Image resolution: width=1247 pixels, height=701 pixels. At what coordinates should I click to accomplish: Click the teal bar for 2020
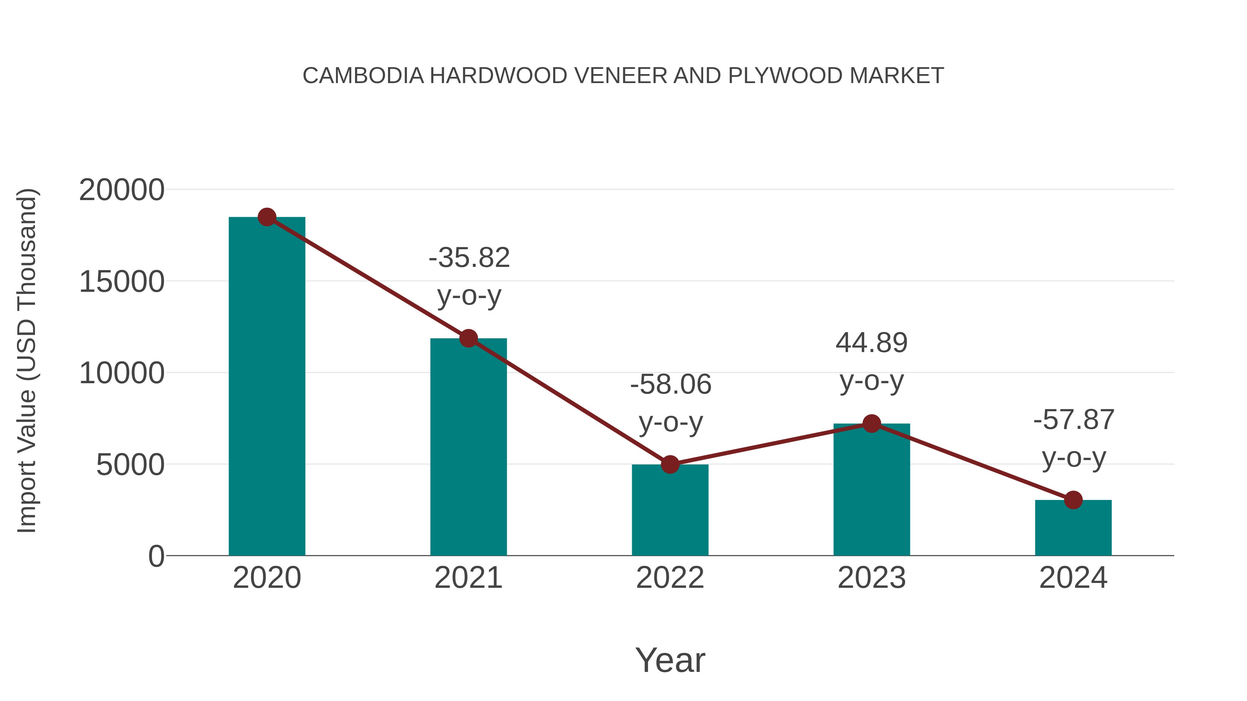(x=267, y=387)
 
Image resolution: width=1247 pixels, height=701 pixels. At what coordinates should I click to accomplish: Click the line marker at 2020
(x=267, y=217)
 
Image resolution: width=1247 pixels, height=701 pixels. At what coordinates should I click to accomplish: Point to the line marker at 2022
(x=670, y=465)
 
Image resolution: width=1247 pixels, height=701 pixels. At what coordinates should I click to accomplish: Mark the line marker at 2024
(x=1073, y=500)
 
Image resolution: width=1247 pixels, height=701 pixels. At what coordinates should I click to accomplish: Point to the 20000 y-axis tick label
(x=122, y=190)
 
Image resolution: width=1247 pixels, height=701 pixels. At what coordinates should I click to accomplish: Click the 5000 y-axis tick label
(x=130, y=465)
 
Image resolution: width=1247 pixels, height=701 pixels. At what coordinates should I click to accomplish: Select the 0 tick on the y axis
(x=156, y=556)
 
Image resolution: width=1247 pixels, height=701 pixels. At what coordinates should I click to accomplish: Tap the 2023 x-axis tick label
(x=872, y=578)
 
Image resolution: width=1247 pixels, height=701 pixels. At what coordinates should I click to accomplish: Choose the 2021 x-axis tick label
(x=468, y=578)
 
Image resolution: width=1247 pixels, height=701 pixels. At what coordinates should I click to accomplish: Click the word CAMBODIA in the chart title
(x=363, y=76)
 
